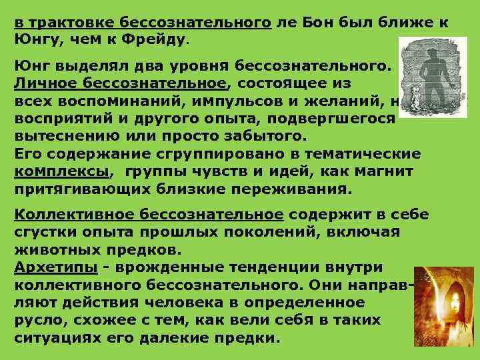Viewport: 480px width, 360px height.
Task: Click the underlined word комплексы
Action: pos(63,172)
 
